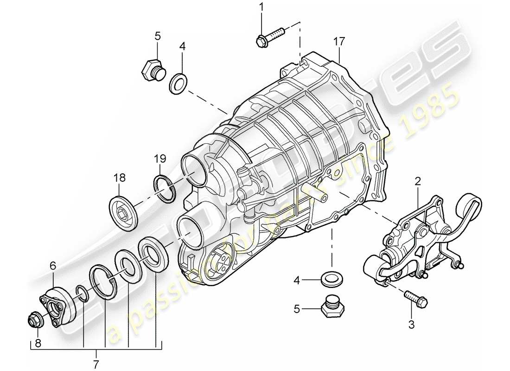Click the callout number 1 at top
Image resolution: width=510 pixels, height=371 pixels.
[x=261, y=7]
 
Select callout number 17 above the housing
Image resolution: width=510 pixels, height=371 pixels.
[x=339, y=42]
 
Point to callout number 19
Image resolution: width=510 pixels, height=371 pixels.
[x=159, y=160]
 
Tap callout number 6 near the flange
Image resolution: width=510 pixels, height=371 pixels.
[x=53, y=266]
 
